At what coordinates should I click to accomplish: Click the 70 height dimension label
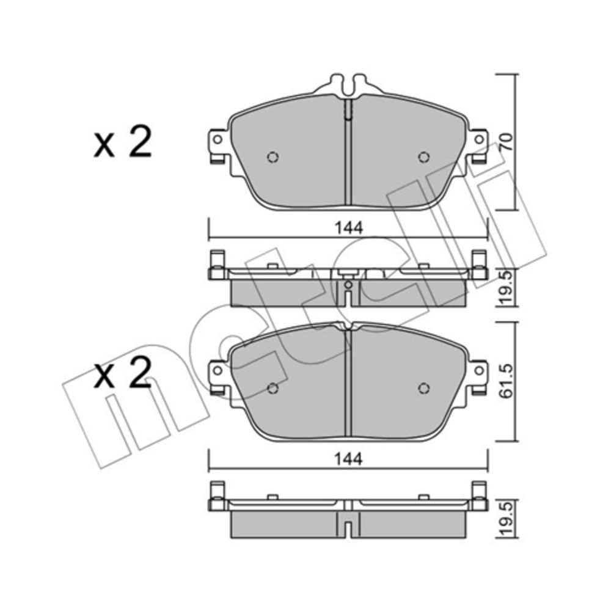pos(506,142)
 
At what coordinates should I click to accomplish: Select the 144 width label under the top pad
pos(349,228)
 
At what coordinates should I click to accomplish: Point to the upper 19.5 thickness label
pos(506,288)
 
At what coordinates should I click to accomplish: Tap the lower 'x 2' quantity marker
pos(122,373)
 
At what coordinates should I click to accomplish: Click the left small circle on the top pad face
pos(273,157)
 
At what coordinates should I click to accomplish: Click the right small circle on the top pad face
pos(424,157)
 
